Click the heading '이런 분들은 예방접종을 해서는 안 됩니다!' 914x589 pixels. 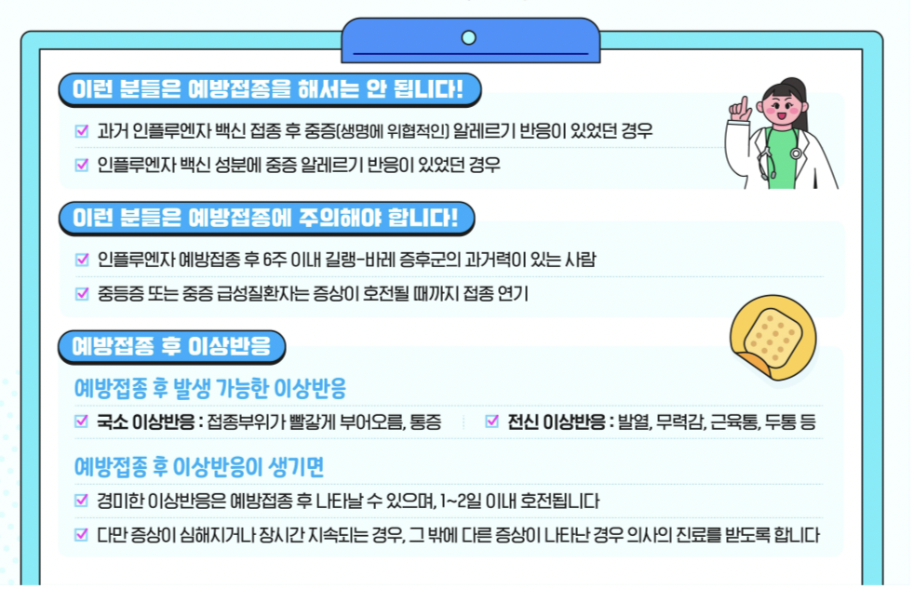click(268, 90)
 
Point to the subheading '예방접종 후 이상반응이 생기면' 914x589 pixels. click(199, 466)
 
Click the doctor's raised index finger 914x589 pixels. click(744, 103)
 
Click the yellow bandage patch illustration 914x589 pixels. click(773, 335)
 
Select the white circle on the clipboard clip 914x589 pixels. click(469, 37)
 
